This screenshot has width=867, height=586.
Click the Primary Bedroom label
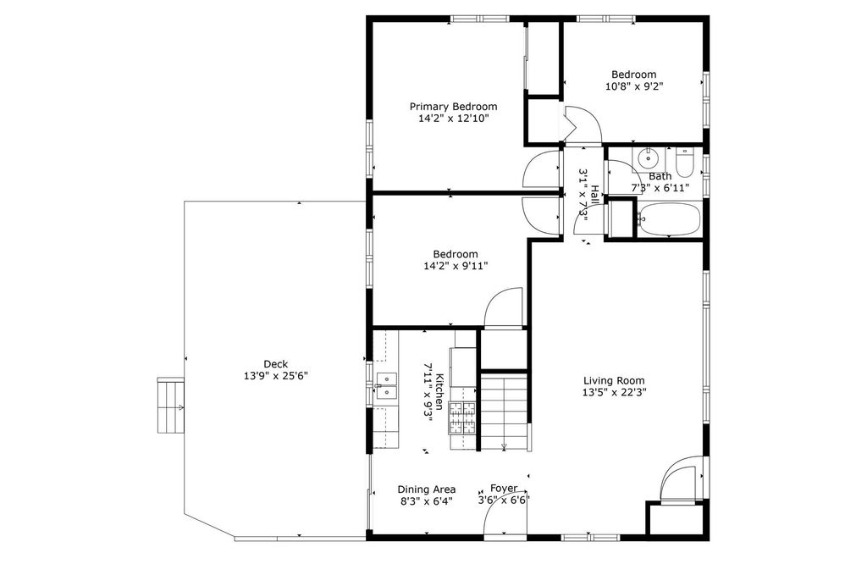(x=453, y=107)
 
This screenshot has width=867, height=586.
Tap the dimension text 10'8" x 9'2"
(x=633, y=86)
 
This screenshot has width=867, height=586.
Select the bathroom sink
(x=648, y=157)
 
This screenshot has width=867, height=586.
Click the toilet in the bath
(x=685, y=161)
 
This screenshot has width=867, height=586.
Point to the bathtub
(x=667, y=220)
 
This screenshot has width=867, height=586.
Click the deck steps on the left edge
(x=170, y=406)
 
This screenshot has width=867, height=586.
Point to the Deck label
(x=275, y=363)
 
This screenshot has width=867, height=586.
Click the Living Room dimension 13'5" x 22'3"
(x=614, y=393)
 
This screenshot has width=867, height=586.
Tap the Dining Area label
(x=427, y=489)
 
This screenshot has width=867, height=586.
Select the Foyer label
(x=504, y=489)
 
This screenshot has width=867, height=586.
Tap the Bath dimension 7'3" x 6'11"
(x=660, y=188)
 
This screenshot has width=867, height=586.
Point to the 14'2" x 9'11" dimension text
(x=455, y=266)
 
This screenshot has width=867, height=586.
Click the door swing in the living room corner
(x=682, y=478)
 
